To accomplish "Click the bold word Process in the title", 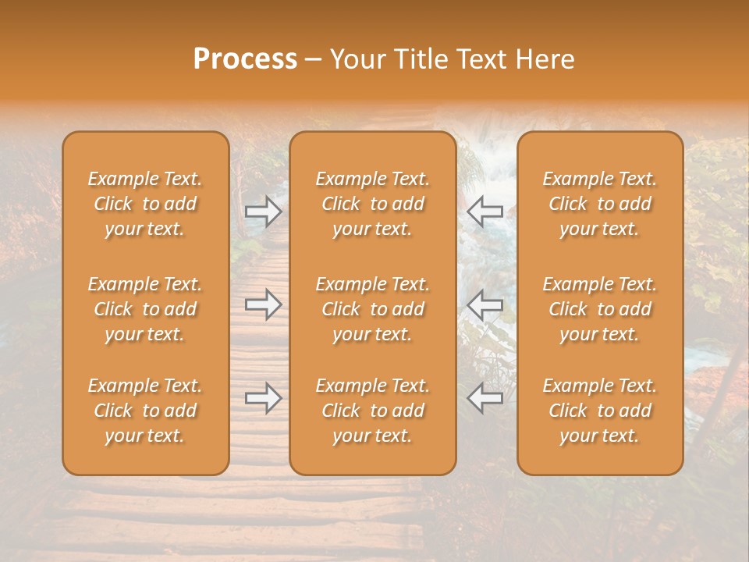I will tap(245, 59).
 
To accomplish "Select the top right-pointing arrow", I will tap(263, 211).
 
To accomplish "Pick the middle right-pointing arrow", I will tap(263, 304).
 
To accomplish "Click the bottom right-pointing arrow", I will tap(263, 398).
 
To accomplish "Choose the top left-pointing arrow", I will tap(485, 211).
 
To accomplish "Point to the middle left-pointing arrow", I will tap(485, 304).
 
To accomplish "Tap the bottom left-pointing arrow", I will tap(485, 398).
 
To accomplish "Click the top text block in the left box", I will tap(145, 204).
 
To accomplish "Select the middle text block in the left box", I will tap(145, 309).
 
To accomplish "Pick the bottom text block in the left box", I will tap(145, 411).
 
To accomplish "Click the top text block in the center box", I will tap(373, 204).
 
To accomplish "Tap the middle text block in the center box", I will tap(373, 309).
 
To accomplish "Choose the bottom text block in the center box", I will tap(373, 411).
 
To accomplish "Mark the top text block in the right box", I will tap(600, 204).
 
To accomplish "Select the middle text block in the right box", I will tap(600, 309).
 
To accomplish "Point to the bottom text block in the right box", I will tap(600, 411).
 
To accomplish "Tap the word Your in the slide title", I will tap(355, 59).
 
